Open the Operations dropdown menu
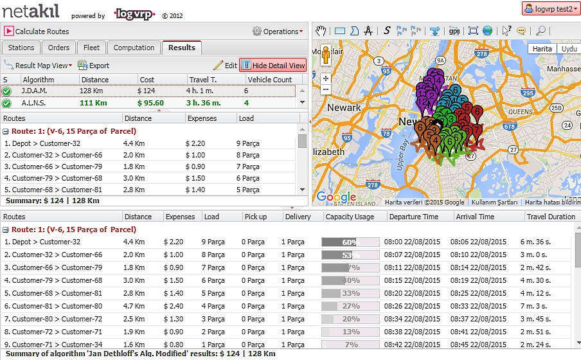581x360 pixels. click(277, 31)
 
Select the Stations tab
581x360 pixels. click(21, 48)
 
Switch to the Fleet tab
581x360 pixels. click(92, 48)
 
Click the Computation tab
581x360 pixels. click(134, 48)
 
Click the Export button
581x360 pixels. click(94, 65)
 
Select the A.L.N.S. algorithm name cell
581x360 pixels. click(34, 103)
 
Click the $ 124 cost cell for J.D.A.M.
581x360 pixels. click(147, 91)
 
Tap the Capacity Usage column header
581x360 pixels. click(350, 217)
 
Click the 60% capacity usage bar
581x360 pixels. click(350, 242)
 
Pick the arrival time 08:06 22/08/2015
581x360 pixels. click(480, 242)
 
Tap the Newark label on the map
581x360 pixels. click(344, 107)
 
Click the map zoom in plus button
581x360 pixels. click(326, 78)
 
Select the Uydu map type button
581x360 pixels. click(569, 49)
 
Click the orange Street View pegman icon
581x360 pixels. click(326, 56)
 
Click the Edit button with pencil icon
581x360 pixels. click(226, 65)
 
